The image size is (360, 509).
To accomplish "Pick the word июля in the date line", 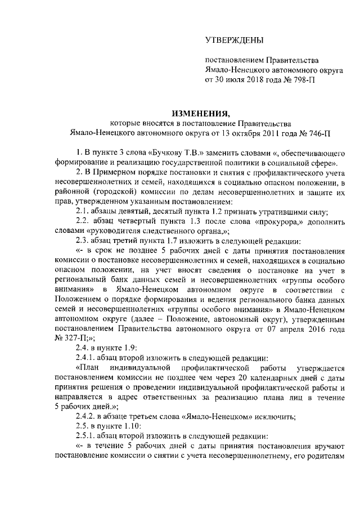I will click(236, 80).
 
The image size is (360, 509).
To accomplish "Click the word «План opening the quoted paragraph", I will click(89, 368).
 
